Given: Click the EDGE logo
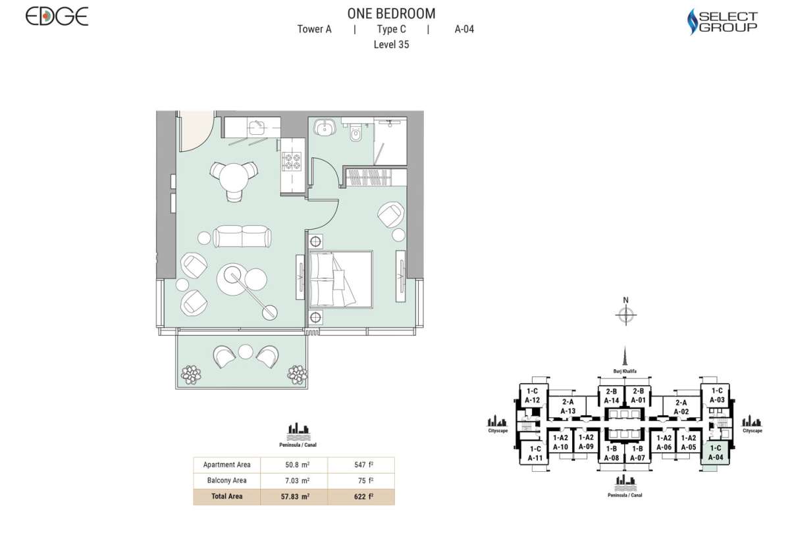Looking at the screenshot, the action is pyautogui.click(x=57, y=16).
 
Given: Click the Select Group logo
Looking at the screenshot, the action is pyautogui.click(x=722, y=22).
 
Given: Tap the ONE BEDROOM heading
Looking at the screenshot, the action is pyautogui.click(x=391, y=13).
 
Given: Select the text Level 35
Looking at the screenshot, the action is pyautogui.click(x=391, y=45).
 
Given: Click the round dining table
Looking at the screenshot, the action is pyautogui.click(x=233, y=176).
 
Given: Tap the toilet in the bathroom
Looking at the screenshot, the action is pyautogui.click(x=356, y=135).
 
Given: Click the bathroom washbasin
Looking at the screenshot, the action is pyautogui.click(x=323, y=126).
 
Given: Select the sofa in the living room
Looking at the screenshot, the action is pyautogui.click(x=242, y=236).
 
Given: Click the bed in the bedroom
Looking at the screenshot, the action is pyautogui.click(x=340, y=278).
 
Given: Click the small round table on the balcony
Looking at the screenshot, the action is pyautogui.click(x=246, y=352).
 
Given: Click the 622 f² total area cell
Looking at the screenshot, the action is pyautogui.click(x=360, y=497).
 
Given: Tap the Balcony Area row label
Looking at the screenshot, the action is pyautogui.click(x=226, y=480).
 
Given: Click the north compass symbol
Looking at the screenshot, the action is pyautogui.click(x=625, y=315).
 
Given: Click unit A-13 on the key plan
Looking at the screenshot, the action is pyautogui.click(x=567, y=407).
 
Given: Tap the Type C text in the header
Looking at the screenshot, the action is pyautogui.click(x=391, y=29).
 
